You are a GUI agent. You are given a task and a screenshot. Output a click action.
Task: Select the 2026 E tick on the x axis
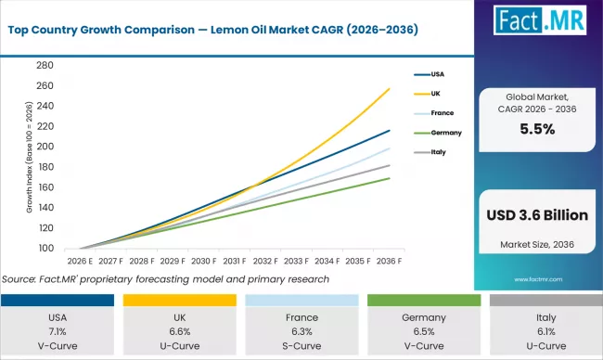(80, 263)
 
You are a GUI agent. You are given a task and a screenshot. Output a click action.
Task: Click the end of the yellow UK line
(390, 88)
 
